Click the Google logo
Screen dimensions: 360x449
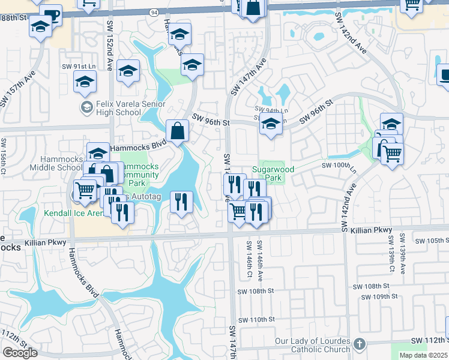click(x=20, y=353)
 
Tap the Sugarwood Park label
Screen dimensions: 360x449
click(x=273, y=174)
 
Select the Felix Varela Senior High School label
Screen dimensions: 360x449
click(x=119, y=109)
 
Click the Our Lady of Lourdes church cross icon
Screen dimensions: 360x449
click(x=359, y=344)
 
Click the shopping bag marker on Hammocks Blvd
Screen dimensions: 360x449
click(x=178, y=131)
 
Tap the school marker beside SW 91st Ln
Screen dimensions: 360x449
click(x=85, y=81)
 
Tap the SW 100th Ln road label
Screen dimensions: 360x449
click(x=339, y=165)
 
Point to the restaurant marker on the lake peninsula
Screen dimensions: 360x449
click(x=181, y=202)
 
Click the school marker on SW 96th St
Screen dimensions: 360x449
click(x=271, y=126)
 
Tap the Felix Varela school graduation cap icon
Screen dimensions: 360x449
click(x=86, y=107)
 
